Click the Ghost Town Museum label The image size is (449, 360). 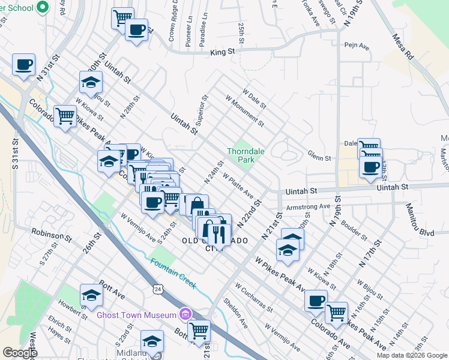click(x=137, y=314)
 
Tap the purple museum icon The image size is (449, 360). click(x=185, y=314)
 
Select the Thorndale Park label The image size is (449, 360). click(x=242, y=155)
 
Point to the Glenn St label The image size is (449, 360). click(x=320, y=158)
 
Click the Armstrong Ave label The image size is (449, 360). click(x=309, y=206)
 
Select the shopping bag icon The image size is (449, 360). click(x=196, y=205)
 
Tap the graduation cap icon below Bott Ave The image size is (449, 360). click(x=91, y=295)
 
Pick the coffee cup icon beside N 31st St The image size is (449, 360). click(x=23, y=64)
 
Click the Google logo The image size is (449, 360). click(x=20, y=353)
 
